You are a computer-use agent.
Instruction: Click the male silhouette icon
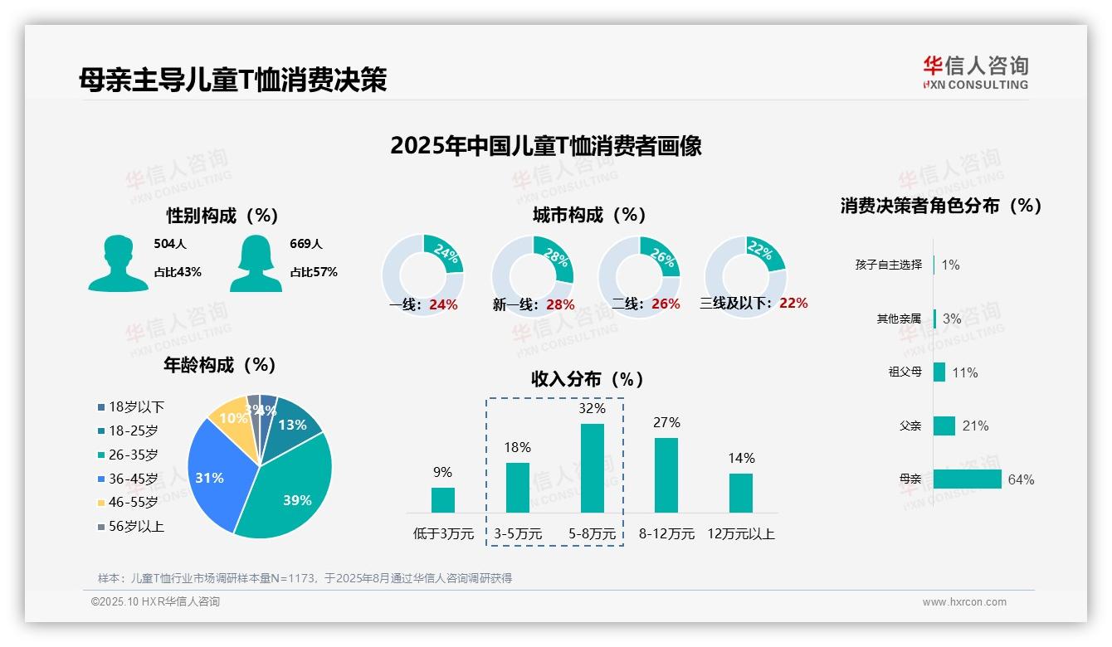click(x=118, y=264)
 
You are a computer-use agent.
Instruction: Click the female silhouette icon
click(x=256, y=264)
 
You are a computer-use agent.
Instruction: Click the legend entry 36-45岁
click(x=133, y=479)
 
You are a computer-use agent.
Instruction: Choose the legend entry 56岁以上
click(x=136, y=526)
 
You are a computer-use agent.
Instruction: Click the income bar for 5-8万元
click(x=592, y=468)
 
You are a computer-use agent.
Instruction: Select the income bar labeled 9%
click(x=442, y=499)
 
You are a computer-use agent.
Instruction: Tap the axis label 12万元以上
click(x=740, y=534)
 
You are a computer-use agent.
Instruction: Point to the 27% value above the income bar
click(x=666, y=423)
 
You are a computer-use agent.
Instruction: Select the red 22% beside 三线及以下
click(x=793, y=304)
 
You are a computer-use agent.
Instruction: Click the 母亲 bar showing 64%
click(x=967, y=479)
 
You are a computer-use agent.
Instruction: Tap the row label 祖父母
click(x=905, y=372)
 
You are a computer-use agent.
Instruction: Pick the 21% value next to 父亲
click(x=975, y=426)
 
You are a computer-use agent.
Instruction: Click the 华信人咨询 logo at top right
click(x=975, y=72)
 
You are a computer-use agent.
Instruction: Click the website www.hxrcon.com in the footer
click(x=963, y=602)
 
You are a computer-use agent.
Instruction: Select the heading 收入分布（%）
click(x=588, y=380)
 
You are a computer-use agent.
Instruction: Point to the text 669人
click(x=306, y=244)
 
